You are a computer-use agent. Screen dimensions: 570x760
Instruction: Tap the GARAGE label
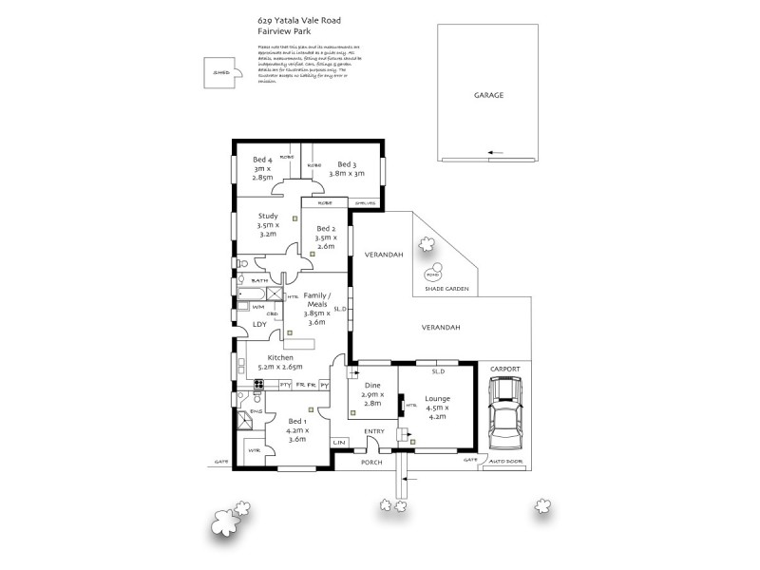pyautogui.click(x=488, y=96)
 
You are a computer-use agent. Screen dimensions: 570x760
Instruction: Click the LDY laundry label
pyautogui.click(x=259, y=324)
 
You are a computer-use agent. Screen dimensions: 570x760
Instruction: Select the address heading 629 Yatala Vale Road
pyautogui.click(x=295, y=19)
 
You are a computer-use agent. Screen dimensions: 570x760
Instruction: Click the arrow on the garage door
pyautogui.click(x=492, y=151)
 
